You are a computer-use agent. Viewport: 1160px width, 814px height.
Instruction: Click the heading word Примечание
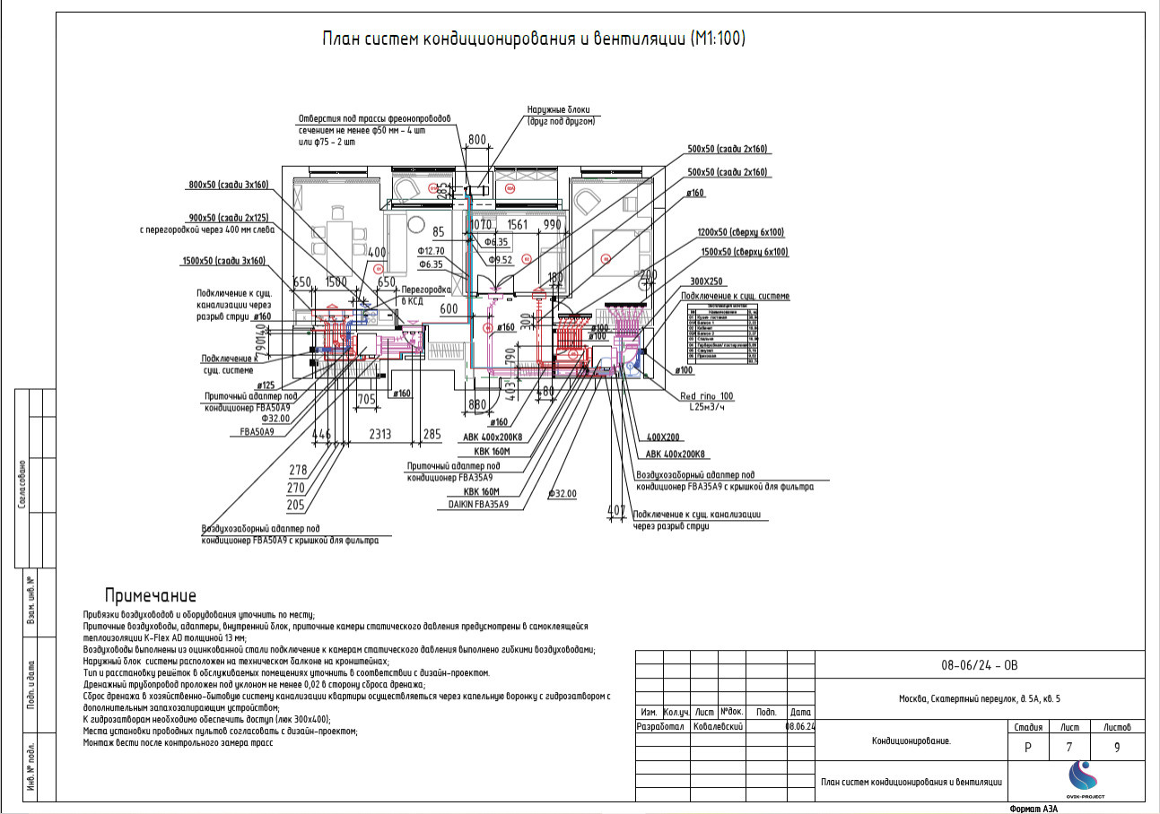[150, 595]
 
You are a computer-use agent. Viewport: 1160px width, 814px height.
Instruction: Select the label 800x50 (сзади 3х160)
[229, 185]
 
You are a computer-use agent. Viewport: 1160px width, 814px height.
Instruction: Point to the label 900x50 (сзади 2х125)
[229, 218]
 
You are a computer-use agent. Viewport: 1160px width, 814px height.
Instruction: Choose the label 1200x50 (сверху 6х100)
[741, 232]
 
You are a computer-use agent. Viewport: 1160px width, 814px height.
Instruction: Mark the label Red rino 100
[707, 395]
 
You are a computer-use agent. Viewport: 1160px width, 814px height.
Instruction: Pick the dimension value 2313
[379, 434]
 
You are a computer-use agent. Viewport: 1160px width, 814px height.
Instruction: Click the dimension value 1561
[518, 224]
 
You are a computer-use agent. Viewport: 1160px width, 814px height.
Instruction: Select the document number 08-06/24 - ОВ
[979, 665]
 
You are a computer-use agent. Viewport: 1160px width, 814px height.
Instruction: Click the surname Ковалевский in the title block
[719, 727]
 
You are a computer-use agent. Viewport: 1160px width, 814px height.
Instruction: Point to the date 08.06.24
[800, 727]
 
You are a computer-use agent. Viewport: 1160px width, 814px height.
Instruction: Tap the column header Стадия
[1027, 727]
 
